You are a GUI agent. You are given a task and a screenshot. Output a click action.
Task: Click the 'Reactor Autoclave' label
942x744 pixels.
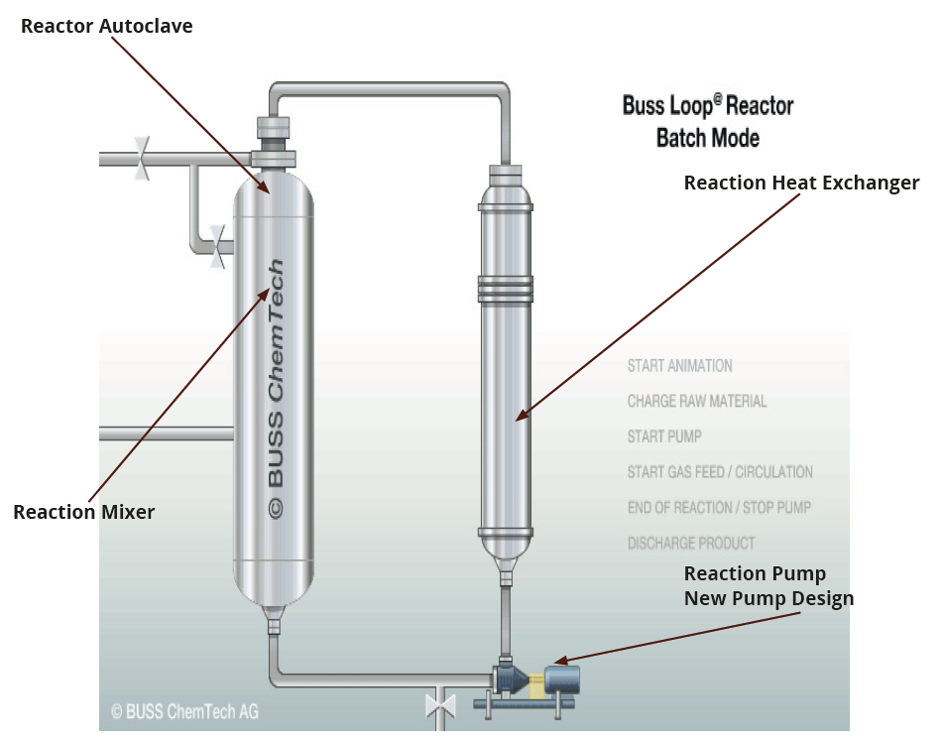tap(107, 26)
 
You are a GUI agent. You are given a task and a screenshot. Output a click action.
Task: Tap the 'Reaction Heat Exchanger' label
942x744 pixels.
tap(801, 183)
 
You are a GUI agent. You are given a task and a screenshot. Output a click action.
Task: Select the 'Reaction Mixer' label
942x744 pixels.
tap(84, 512)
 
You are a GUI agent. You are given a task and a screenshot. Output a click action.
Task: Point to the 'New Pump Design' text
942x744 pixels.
tap(768, 598)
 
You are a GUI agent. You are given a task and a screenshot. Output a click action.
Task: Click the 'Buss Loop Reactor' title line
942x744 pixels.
tap(708, 105)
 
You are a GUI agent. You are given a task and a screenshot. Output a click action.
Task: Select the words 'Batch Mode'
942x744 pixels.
tap(708, 137)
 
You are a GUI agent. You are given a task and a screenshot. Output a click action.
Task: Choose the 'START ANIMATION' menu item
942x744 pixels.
tap(680, 366)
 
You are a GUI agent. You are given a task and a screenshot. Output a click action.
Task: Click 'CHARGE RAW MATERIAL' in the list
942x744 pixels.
tap(697, 402)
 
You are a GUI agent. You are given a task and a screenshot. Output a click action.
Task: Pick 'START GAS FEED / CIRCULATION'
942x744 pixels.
tap(720, 472)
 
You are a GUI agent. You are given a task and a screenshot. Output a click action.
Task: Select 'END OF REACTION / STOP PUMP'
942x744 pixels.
tap(719, 508)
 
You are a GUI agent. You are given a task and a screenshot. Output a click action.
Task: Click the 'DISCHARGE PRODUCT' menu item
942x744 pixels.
tap(691, 544)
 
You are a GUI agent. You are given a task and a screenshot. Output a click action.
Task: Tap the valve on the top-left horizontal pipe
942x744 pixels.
tap(142, 159)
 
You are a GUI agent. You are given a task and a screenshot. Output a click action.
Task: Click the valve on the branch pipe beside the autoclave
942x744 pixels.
tap(217, 246)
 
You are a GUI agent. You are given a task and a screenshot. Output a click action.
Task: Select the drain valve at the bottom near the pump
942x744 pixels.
tap(439, 706)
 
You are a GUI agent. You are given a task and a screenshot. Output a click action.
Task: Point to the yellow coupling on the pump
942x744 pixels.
tap(536, 685)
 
